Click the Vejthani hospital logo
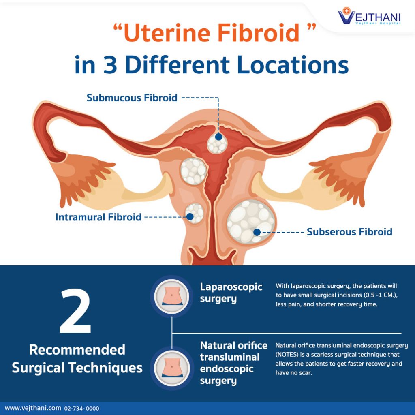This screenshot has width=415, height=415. point(369,16)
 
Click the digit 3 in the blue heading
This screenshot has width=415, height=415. point(110,65)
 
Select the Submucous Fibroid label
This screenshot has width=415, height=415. point(132,98)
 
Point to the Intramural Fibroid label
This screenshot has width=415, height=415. point(98,217)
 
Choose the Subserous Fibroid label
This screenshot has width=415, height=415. point(349,232)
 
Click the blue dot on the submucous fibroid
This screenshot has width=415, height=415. point(218,137)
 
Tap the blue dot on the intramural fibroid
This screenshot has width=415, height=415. point(190,217)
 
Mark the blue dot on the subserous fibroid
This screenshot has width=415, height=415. point(257,232)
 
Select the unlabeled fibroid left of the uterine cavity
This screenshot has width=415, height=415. point(193,171)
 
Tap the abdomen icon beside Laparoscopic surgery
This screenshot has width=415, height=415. point(172,296)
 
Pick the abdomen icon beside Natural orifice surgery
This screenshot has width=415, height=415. point(172,368)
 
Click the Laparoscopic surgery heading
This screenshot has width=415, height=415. point(231,293)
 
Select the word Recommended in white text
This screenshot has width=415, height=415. point(77,350)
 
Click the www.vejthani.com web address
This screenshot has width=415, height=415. point(33,408)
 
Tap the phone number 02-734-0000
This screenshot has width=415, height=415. point(81,409)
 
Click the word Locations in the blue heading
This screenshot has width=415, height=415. point(293,65)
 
